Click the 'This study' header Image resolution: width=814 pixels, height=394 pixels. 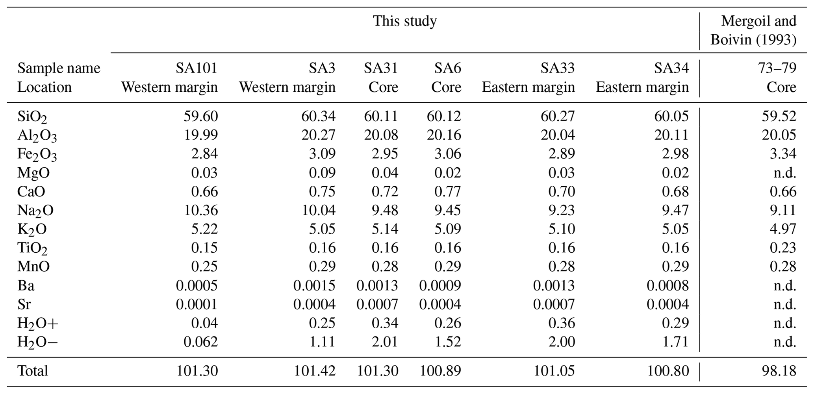pyautogui.click(x=404, y=21)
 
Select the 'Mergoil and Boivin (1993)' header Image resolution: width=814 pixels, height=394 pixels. pyautogui.click(x=753, y=30)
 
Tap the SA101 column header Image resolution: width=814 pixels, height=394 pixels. pyautogui.click(x=197, y=68)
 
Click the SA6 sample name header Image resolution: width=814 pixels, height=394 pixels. pyautogui.click(x=447, y=68)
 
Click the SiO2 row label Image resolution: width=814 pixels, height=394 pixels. pyautogui.click(x=32, y=117)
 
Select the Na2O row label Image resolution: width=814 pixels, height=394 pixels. pyautogui.click(x=35, y=211)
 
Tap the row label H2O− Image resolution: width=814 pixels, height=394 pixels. pyautogui.click(x=37, y=342)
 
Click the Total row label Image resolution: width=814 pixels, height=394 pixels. pyautogui.click(x=32, y=371)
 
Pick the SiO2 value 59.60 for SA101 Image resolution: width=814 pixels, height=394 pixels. pyautogui.click(x=200, y=116)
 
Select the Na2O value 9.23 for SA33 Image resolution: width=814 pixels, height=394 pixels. pyautogui.click(x=561, y=210)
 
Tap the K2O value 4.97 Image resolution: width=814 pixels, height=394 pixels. pyautogui.click(x=783, y=229)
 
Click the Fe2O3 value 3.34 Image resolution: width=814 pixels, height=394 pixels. pyautogui.click(x=783, y=154)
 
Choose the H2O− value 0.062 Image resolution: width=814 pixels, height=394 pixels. pyautogui.click(x=200, y=342)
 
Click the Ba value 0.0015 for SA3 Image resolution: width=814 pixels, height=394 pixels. pyautogui.click(x=314, y=285)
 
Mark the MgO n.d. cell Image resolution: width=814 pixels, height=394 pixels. pyautogui.click(x=784, y=172)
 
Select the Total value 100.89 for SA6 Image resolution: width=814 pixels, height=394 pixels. pyautogui.click(x=440, y=371)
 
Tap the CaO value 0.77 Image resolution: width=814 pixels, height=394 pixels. pyautogui.click(x=447, y=191)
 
